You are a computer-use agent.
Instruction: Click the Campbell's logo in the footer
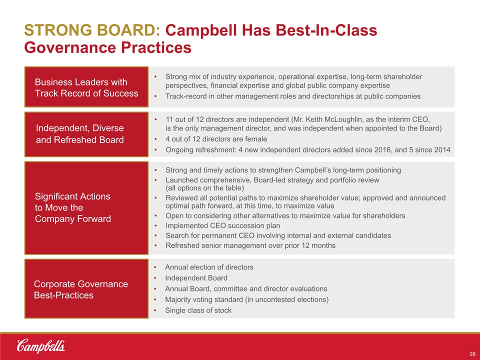tap(40, 346)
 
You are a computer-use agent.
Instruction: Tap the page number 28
tap(472, 354)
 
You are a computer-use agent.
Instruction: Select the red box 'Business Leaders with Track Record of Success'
tap(86, 87)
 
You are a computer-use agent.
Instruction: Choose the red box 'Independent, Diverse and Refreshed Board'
tap(86, 134)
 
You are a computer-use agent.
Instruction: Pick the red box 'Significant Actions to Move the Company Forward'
tap(86, 208)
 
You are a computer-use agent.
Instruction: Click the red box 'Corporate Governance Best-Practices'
tap(86, 288)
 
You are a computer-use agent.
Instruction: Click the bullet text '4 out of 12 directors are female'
tap(216, 139)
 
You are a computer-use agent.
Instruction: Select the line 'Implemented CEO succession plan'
tap(223, 225)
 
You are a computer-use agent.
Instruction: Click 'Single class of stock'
tap(198, 310)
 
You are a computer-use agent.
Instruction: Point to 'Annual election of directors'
tap(209, 267)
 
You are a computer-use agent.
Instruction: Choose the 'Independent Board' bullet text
tap(196, 278)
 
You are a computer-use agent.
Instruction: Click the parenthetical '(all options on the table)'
tap(205, 188)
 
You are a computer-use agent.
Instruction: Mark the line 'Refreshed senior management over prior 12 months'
tap(250, 245)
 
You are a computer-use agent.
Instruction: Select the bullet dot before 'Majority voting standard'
tap(155, 299)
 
